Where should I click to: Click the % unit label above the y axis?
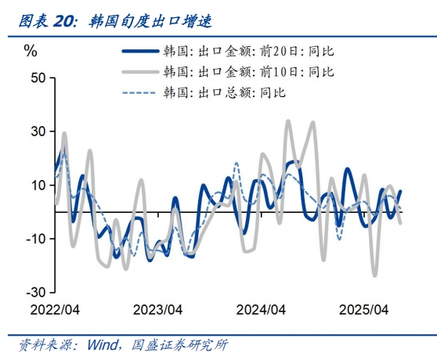tap(31, 52)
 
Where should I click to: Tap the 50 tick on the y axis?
tap(38, 78)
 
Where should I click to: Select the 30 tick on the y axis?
tap(38, 131)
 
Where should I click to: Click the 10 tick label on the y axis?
tap(38, 185)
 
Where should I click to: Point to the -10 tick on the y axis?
tap(35, 238)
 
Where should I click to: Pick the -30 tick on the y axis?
tap(35, 291)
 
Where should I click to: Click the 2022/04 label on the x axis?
tap(56, 309)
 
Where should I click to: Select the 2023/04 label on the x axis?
tap(158, 309)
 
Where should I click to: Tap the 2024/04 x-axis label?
tap(261, 309)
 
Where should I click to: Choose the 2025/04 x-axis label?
tap(364, 309)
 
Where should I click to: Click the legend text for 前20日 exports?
tap(248, 52)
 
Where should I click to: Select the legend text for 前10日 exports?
tap(248, 72)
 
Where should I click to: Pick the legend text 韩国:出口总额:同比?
tap(224, 92)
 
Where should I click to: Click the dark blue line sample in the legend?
tap(139, 52)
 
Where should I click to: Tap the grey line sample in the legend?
tap(139, 72)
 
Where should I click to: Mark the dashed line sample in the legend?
tap(139, 92)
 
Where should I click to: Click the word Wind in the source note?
tap(102, 345)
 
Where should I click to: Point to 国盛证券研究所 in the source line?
tap(179, 345)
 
